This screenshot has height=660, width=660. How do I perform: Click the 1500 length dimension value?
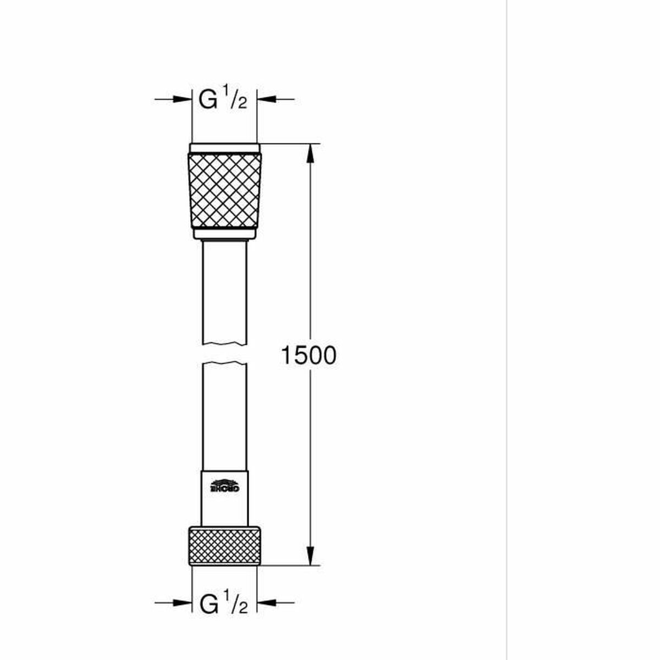point(308,356)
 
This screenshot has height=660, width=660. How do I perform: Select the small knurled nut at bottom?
point(224,546)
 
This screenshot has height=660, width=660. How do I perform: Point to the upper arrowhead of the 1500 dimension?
point(311,153)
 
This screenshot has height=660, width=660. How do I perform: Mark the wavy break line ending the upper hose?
point(224,344)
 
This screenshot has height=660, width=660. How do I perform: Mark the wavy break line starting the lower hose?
point(224,364)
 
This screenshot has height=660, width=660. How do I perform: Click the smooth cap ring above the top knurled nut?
point(224,148)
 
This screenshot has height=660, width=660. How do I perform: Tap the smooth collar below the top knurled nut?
point(224,234)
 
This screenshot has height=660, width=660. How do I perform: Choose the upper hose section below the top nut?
point(224,291)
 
